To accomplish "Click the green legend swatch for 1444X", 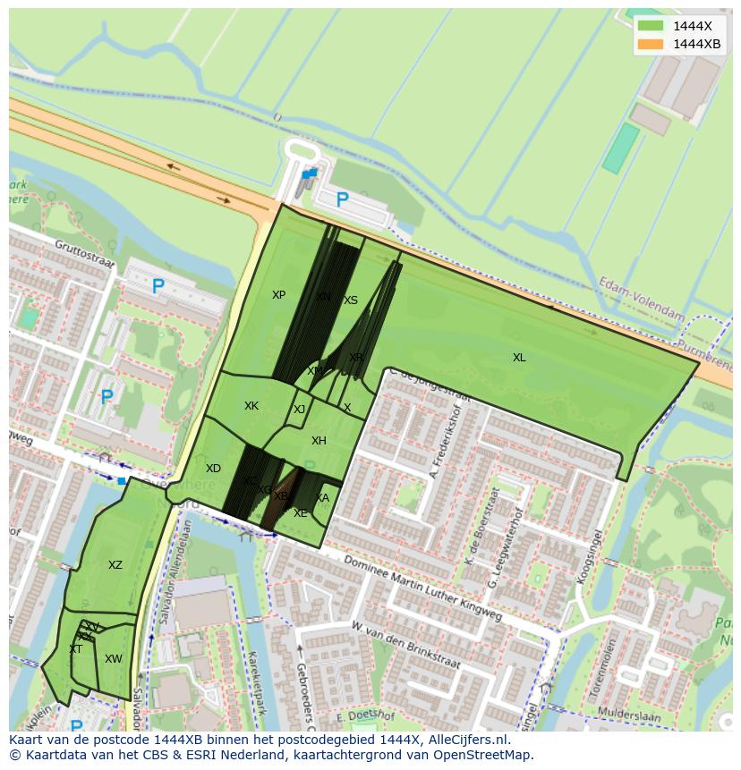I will tap(651, 26).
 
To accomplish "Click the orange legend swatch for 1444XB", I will tap(651, 44).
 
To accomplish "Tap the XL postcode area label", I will tap(519, 358).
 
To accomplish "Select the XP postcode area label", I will tap(278, 295).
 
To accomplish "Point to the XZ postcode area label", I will tap(115, 565).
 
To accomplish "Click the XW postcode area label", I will tap(113, 659).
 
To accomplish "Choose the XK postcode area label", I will tap(251, 406).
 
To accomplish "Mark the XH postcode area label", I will tap(319, 441).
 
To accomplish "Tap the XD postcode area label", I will tap(213, 469).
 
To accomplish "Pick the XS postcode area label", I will tap(351, 300).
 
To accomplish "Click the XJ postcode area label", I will tap(300, 410).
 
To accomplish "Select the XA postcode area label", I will tap(322, 498).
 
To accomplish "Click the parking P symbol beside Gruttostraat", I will tap(158, 287).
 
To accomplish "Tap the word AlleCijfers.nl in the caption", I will tap(469, 740).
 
